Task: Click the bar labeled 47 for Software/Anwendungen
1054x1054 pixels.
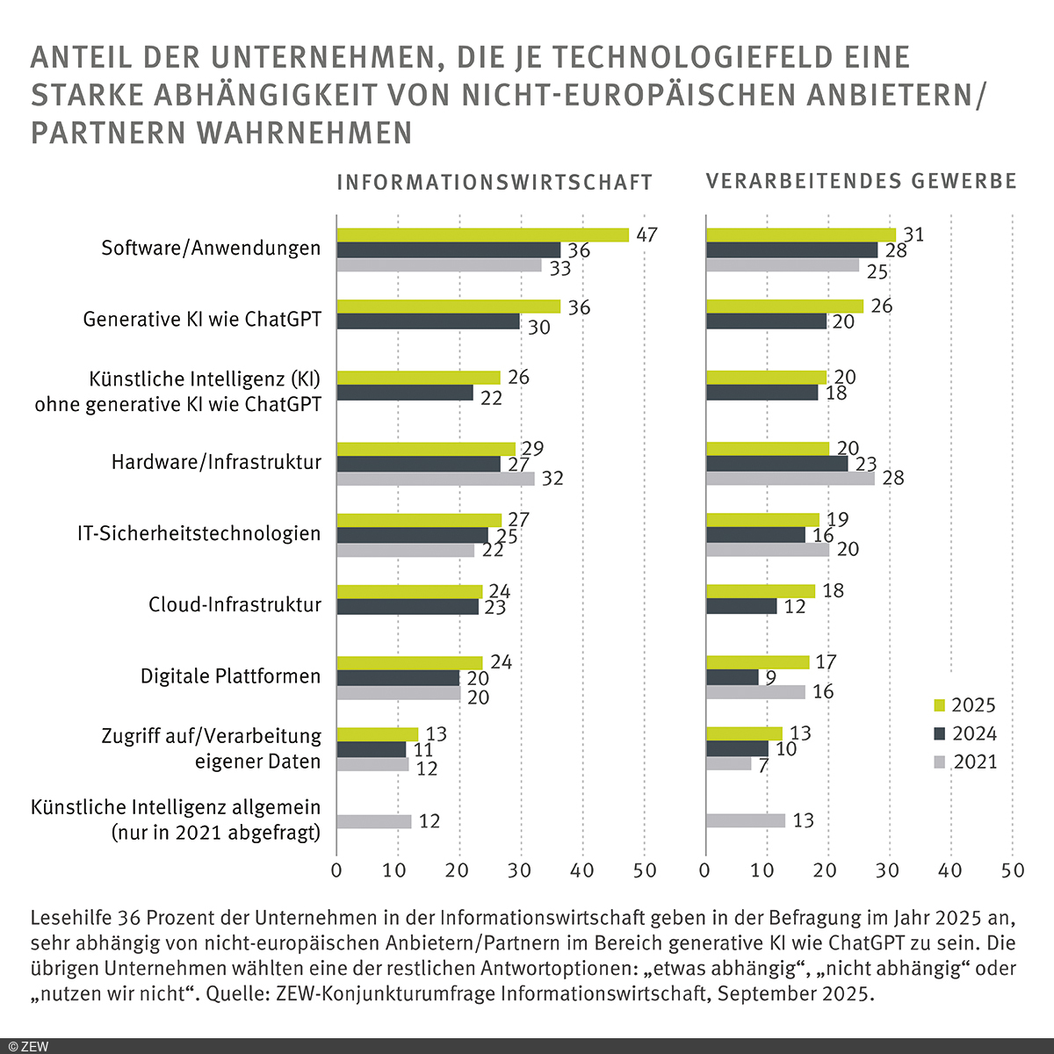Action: coord(482,235)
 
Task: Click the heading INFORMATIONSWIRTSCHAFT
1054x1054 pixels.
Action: coord(495,183)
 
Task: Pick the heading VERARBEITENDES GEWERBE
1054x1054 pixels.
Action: coord(861,182)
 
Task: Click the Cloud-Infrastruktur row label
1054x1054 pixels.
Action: coord(235,605)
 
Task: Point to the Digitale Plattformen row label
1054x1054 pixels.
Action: coord(230,676)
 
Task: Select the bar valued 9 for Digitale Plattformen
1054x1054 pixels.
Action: coord(733,677)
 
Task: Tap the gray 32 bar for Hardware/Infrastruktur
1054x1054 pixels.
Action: coord(435,479)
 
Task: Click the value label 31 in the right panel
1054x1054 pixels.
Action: coord(913,235)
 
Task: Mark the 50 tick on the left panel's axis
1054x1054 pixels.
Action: coord(645,870)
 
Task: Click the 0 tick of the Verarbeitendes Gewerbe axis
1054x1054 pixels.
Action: coord(705,870)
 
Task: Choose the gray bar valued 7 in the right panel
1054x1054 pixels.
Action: coord(728,763)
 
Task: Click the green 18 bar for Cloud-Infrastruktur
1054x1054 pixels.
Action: coord(761,591)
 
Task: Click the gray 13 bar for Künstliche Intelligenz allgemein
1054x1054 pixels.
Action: coord(745,820)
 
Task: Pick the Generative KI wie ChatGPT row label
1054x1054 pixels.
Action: coord(202,319)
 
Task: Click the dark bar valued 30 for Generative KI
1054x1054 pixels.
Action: coord(428,321)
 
